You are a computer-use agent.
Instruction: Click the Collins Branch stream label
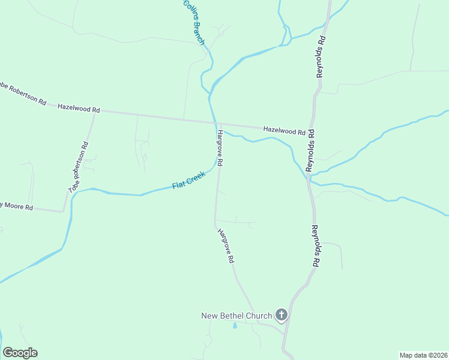pos(194,22)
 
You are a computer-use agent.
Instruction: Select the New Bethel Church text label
pos(236,316)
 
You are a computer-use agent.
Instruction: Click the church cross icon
pos(281,314)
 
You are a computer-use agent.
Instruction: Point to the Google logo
pos(20,353)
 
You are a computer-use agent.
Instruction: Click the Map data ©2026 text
pos(423,355)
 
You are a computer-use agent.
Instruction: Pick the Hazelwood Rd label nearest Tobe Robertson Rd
pos(79,109)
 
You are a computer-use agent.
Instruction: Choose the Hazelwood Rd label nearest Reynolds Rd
pos(284,130)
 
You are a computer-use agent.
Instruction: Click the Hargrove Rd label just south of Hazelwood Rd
pos(220,148)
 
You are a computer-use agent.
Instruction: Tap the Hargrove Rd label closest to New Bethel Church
pos(226,246)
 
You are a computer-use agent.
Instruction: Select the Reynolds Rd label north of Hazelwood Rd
pos(321,56)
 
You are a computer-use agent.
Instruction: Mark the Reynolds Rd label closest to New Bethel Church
pos(316,246)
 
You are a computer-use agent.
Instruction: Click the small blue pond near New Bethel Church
pos(235,326)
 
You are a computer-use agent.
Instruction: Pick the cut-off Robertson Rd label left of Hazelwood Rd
pos(23,93)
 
